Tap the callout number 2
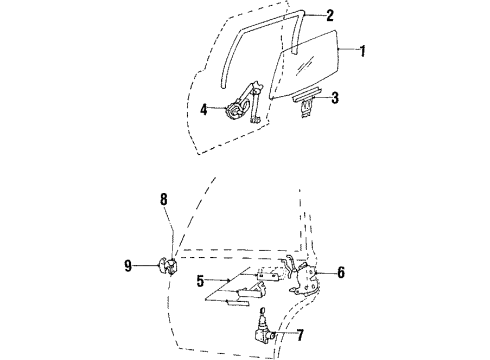click(x=330, y=15)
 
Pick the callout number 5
click(x=201, y=281)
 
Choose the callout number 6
click(x=342, y=271)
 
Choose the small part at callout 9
click(x=167, y=266)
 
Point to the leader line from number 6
click(x=326, y=271)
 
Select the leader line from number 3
click(x=322, y=97)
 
